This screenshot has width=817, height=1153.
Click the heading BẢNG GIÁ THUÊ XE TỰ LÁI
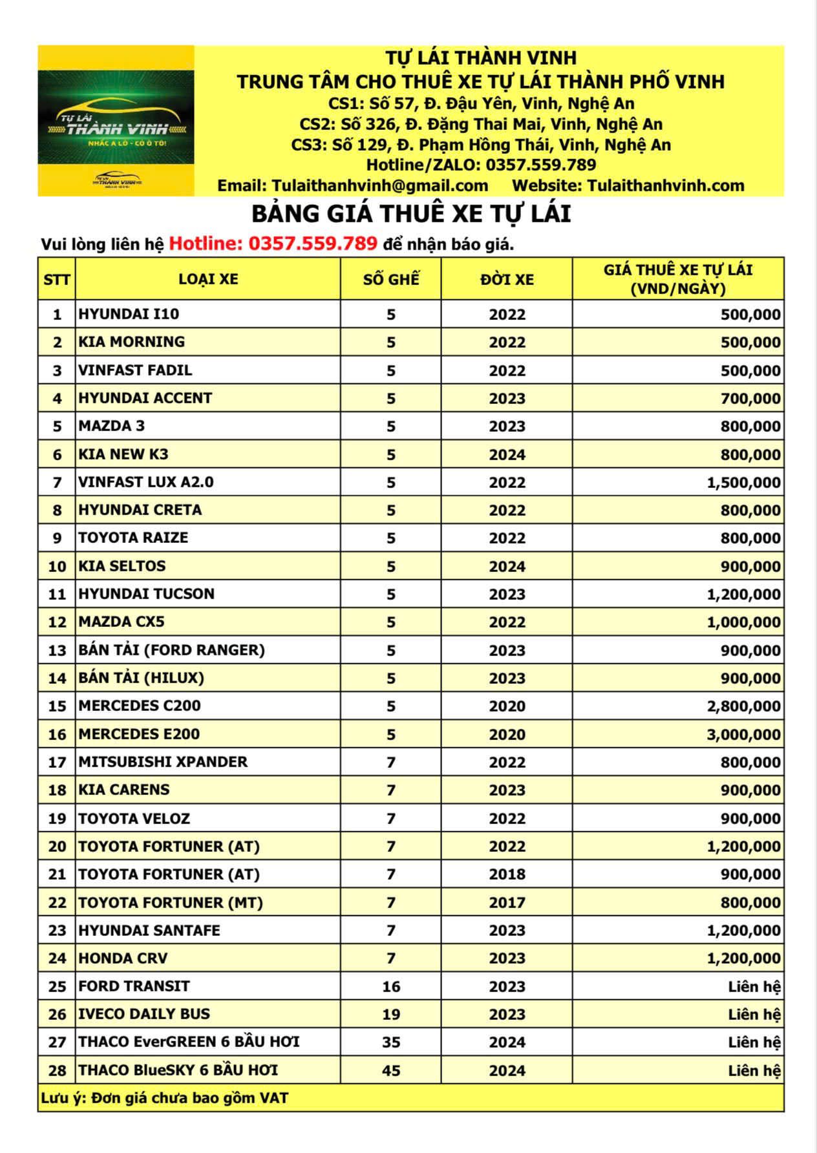[x=411, y=214]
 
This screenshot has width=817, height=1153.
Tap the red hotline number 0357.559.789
[x=313, y=244]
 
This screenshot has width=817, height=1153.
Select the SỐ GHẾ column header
[x=390, y=279]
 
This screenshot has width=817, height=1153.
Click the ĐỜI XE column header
[x=507, y=279]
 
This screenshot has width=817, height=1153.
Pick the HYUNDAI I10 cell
[x=129, y=314]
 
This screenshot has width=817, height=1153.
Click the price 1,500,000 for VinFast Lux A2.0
[x=743, y=482]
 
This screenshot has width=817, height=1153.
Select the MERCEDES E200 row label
[x=139, y=734]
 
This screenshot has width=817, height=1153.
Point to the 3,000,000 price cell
[x=743, y=734]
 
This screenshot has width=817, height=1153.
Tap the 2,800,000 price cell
[x=743, y=706]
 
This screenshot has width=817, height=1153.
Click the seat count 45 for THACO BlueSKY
[x=390, y=1070]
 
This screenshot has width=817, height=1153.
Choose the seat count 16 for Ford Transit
[x=390, y=986]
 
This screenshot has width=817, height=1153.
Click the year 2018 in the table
[x=507, y=874]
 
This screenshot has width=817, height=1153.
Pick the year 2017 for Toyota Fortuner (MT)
[x=507, y=902]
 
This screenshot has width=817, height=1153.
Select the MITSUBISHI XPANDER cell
[x=163, y=762]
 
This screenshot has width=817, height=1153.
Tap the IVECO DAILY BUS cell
[x=144, y=1014]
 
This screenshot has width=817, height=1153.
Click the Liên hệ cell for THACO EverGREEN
[x=754, y=1042]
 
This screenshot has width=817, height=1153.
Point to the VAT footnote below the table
[x=165, y=1098]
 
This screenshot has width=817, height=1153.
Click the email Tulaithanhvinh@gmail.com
[x=353, y=185]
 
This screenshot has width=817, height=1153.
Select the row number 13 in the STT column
[x=57, y=650]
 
